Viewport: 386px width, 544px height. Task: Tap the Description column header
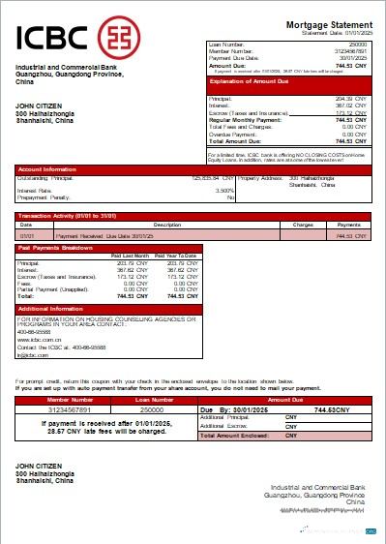167,225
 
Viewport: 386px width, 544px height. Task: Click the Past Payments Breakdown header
56,248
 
